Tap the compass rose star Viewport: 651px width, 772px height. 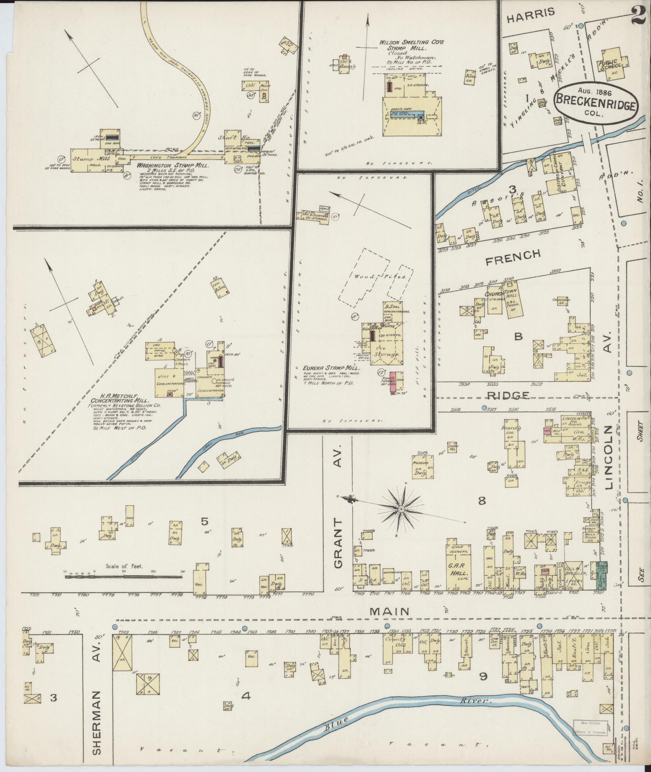coord(401,509)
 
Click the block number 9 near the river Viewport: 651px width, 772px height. coord(484,676)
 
